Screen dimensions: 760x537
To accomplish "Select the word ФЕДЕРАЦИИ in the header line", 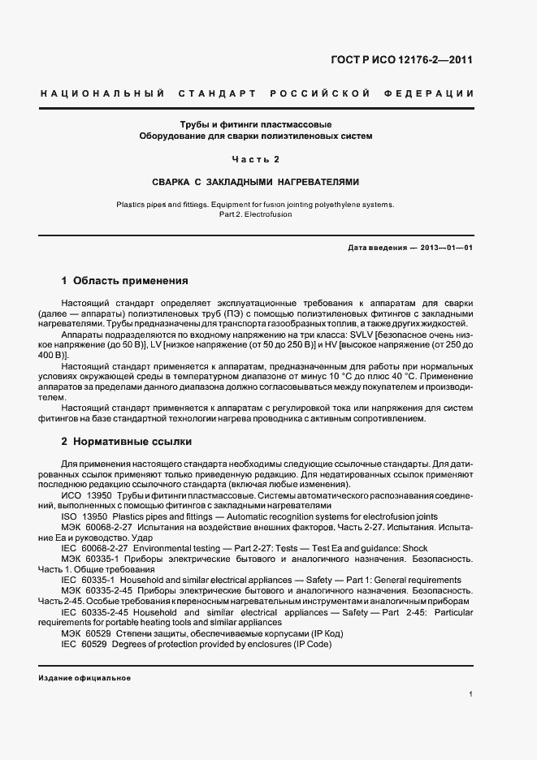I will pos(433,94).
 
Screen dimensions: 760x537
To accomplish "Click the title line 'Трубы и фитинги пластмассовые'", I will pos(256,124).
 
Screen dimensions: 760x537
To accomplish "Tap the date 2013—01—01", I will pos(446,248).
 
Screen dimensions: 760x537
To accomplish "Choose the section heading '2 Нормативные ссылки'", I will pos(126,442).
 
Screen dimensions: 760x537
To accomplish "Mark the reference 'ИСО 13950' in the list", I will pos(85,495).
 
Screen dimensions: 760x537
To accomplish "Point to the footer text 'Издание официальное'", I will pos(84,678).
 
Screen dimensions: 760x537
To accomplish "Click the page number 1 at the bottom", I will pos(471,694).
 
